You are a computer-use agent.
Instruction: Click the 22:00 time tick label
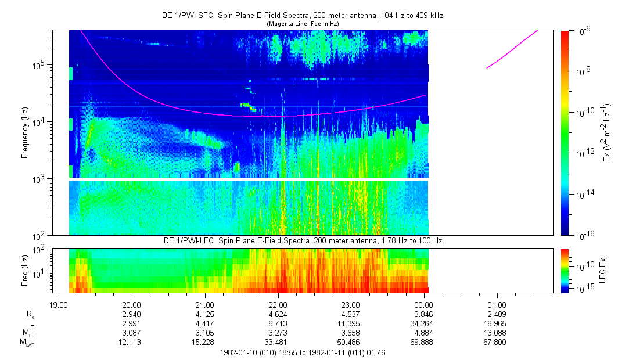click(278, 305)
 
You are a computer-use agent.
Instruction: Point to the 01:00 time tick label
click(497, 305)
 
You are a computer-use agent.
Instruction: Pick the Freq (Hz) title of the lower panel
click(25, 270)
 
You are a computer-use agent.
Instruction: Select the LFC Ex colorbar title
click(603, 269)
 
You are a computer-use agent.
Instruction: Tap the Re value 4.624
click(278, 314)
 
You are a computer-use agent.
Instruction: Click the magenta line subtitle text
click(302, 24)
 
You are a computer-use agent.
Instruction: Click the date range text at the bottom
click(302, 352)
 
